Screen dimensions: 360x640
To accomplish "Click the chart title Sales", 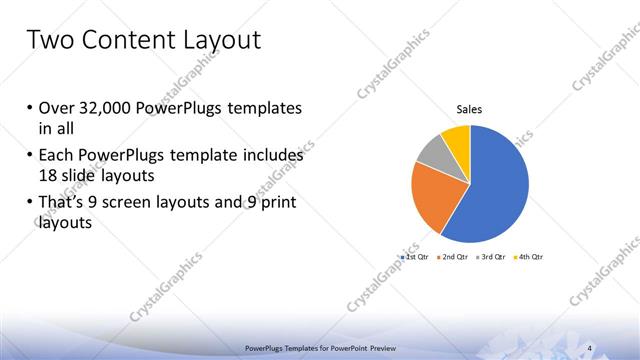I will (470, 109).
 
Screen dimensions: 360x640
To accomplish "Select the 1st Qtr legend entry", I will (414, 258).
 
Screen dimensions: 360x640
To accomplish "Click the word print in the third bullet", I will (275, 204).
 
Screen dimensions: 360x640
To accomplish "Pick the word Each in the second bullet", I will (57, 157).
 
